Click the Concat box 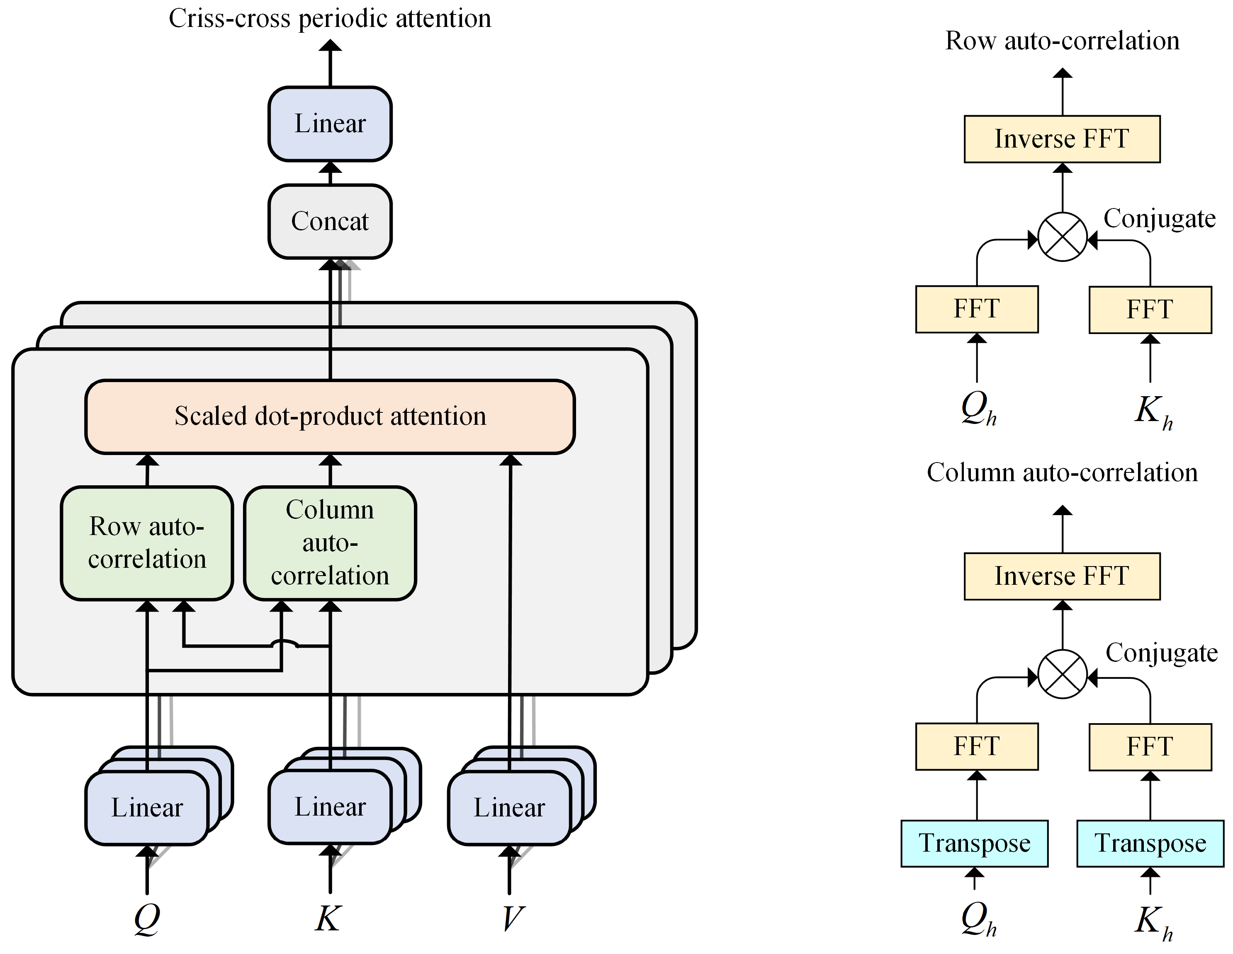tap(330, 221)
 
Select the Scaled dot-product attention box tap(330, 416)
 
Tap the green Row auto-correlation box tap(147, 543)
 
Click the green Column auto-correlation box tap(330, 543)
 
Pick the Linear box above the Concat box tap(330, 123)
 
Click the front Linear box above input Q tap(147, 807)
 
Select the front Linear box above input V tap(509, 807)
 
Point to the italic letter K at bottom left tap(328, 918)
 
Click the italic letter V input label tap(513, 918)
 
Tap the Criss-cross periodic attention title tap(330, 18)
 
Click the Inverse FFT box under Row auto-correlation tap(1062, 139)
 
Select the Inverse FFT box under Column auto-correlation tap(1062, 576)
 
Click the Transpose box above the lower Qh tap(975, 843)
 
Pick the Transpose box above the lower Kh tap(1150, 843)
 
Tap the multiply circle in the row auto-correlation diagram tap(1063, 237)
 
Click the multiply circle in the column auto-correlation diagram tap(1063, 674)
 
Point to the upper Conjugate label tap(1160, 219)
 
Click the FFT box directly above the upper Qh tap(977, 309)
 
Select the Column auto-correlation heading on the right tap(1062, 472)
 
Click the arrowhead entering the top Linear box tap(330, 167)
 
